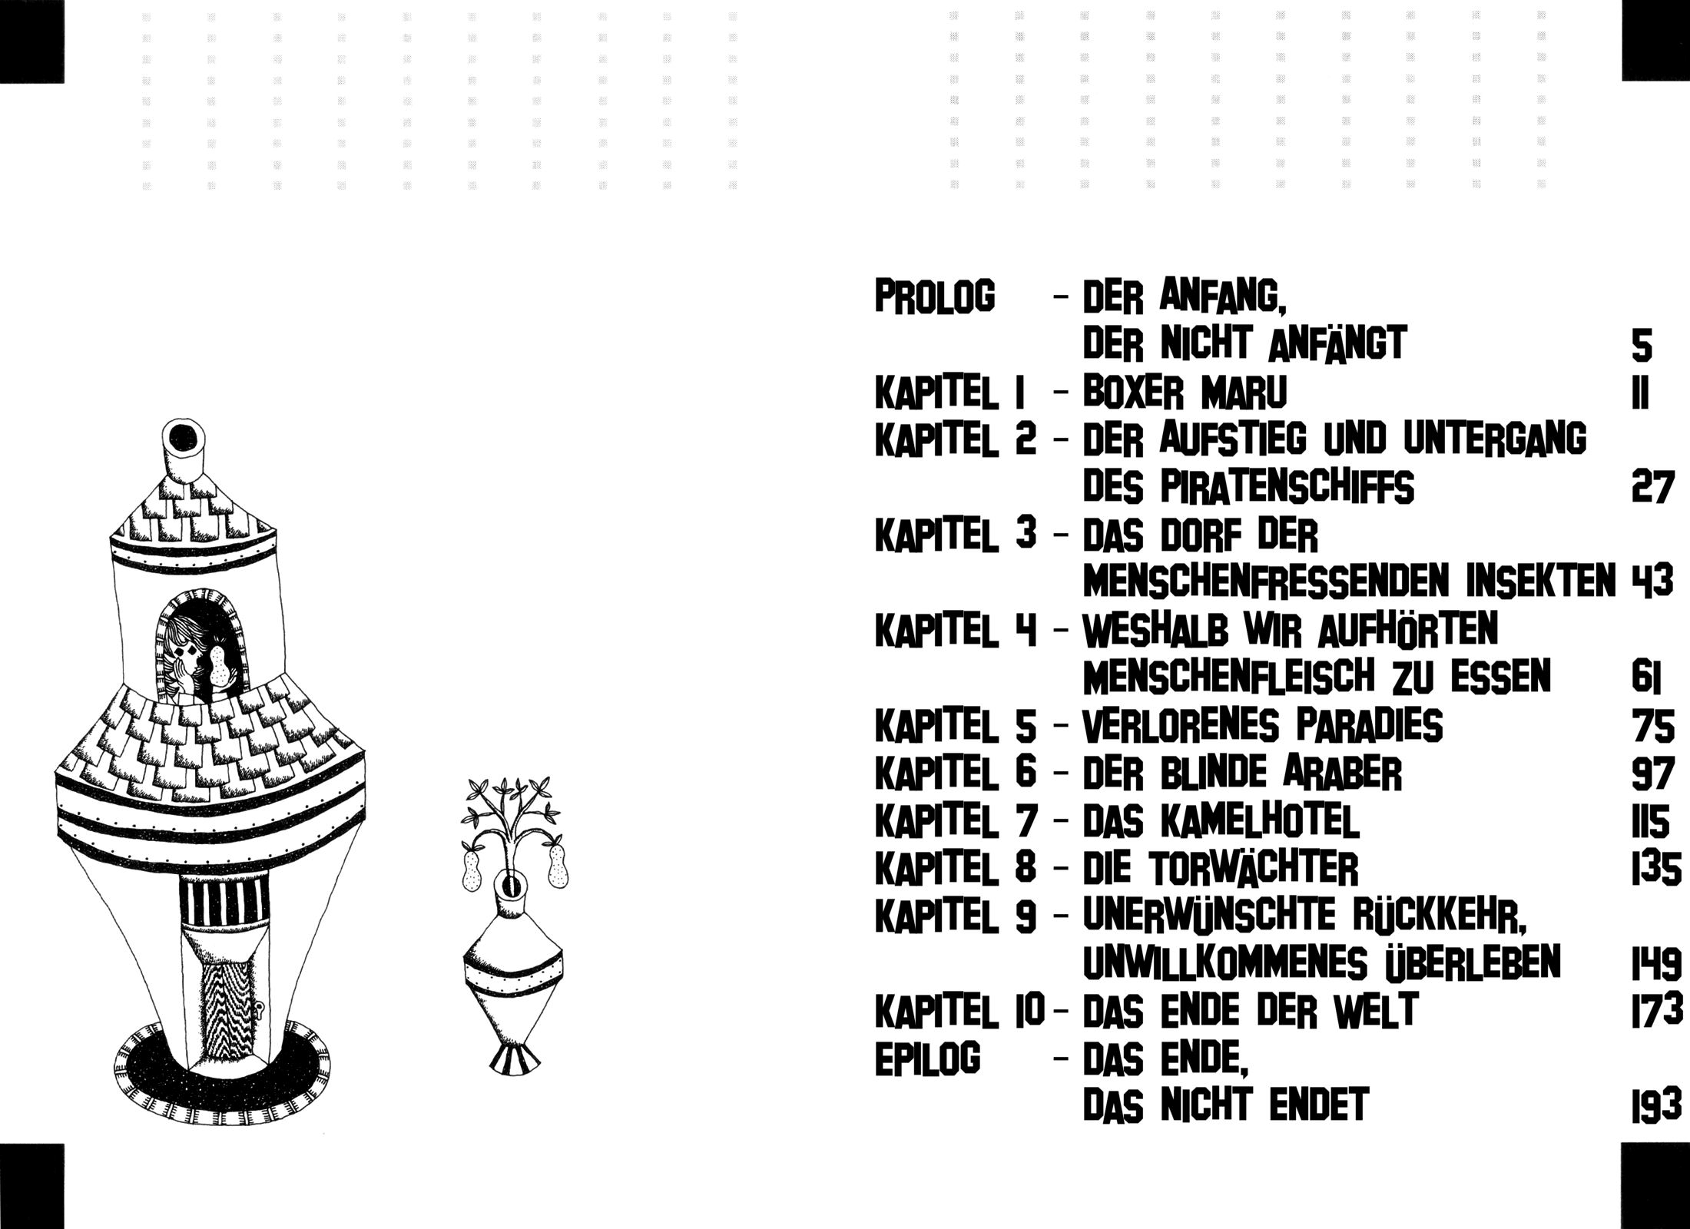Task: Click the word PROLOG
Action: pyautogui.click(x=935, y=296)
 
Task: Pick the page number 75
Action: pyautogui.click(x=1652, y=726)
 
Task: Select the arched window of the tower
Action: pyautogui.click(x=201, y=645)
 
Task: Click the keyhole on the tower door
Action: pyautogui.click(x=262, y=1009)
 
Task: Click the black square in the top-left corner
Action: pyautogui.click(x=33, y=40)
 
